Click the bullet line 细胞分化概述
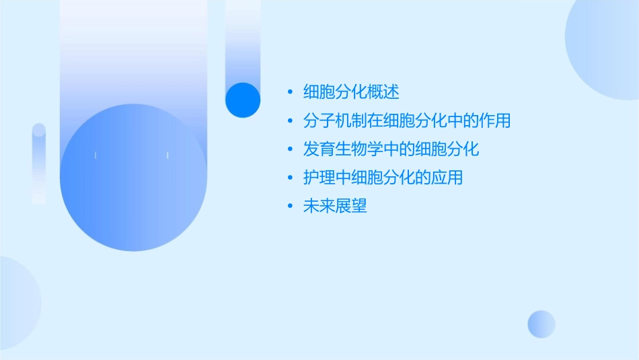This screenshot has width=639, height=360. click(x=352, y=92)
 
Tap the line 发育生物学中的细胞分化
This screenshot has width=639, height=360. click(x=391, y=149)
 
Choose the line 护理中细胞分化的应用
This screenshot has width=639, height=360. click(x=383, y=178)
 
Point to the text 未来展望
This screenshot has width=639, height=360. click(x=336, y=207)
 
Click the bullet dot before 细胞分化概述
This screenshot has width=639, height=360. click(x=290, y=93)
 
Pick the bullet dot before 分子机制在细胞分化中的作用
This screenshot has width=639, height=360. click(x=290, y=122)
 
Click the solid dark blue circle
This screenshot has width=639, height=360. click(x=243, y=100)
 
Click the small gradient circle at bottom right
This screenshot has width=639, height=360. click(x=541, y=324)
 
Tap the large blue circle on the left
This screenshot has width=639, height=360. click(x=133, y=178)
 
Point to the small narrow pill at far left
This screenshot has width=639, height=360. click(x=39, y=164)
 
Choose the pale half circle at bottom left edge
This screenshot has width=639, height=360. click(x=17, y=303)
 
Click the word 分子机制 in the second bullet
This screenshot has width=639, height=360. click(x=336, y=121)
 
